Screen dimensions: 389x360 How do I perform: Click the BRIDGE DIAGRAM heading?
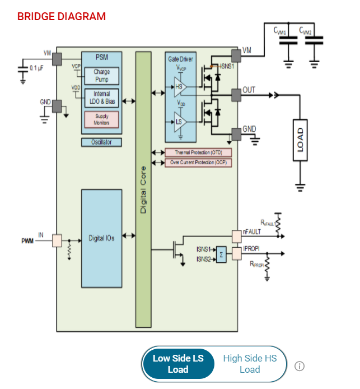point(62,16)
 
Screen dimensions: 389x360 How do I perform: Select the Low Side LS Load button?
point(178,364)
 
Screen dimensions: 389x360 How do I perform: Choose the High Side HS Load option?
point(250,364)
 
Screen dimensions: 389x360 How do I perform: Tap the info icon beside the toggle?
point(300,366)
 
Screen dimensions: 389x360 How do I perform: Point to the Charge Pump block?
point(101,75)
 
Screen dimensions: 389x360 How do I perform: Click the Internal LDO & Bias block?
point(101,97)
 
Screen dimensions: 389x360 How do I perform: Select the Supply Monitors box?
point(101,119)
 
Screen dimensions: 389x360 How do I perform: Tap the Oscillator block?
point(101,142)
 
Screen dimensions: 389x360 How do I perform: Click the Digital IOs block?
point(101,238)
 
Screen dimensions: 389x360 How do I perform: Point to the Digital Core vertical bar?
point(143,191)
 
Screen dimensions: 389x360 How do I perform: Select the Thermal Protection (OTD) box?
point(198,152)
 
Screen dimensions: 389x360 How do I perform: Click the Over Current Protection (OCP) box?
point(198,163)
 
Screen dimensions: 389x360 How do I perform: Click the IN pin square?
point(57,241)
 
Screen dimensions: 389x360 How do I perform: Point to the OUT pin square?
point(236,95)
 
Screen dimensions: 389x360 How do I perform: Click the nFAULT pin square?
point(236,236)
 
